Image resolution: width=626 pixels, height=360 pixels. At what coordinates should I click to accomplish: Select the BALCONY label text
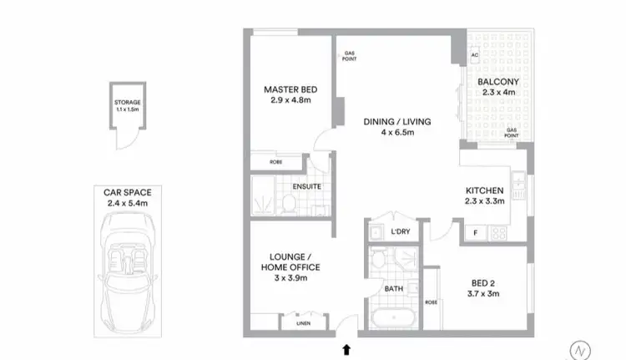(x=498, y=82)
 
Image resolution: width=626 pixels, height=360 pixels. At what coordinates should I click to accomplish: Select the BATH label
(x=393, y=289)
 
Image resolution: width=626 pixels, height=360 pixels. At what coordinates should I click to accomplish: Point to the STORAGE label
(x=128, y=102)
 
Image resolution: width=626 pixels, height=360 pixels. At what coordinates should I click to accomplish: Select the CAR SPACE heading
(x=122, y=192)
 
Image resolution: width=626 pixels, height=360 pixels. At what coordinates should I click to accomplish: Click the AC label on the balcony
(x=474, y=56)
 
